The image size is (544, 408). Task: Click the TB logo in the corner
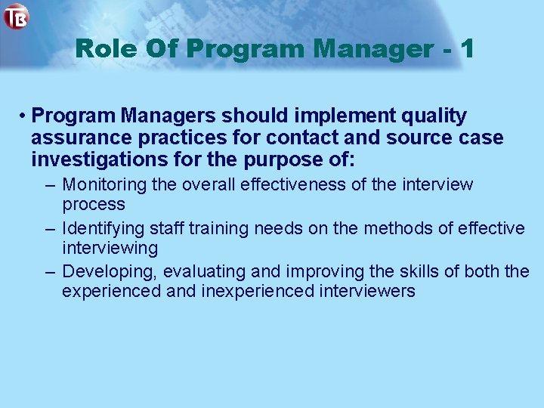(x=16, y=16)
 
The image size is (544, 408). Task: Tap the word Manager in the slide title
(x=371, y=50)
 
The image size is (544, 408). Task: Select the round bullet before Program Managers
(x=24, y=117)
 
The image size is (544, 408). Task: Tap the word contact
(x=301, y=139)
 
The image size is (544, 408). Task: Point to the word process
(x=94, y=205)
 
